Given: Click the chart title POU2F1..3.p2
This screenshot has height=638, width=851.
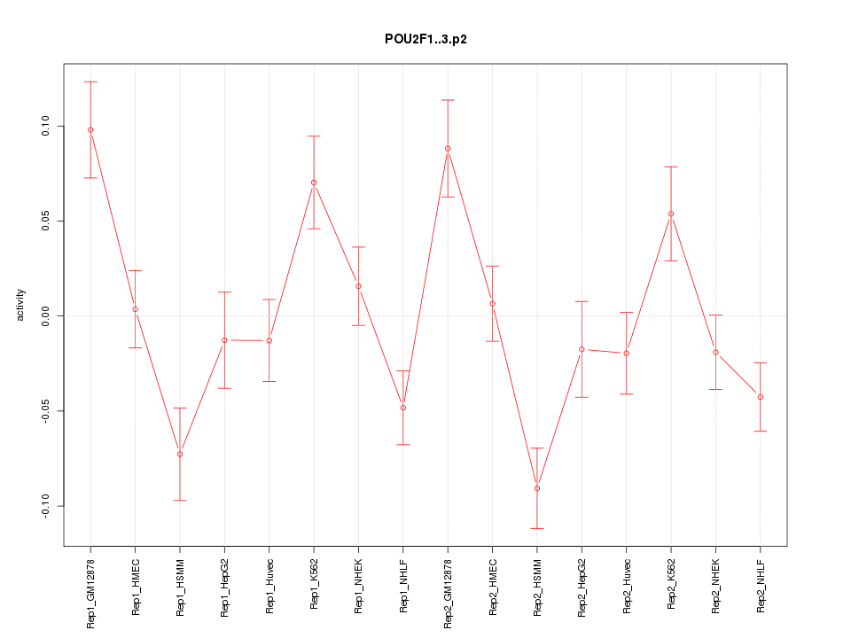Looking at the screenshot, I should point(425,39).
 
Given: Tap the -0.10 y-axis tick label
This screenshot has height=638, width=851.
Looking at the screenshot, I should point(47,506).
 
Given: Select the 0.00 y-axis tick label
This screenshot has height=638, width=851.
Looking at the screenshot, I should point(47,316).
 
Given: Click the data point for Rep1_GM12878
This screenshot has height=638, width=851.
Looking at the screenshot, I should point(90,130).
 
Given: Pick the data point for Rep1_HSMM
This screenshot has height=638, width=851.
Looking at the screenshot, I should point(180,455).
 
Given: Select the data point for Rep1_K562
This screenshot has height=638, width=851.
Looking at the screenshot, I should point(314,183).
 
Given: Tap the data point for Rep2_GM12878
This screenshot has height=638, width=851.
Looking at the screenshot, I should point(448,149).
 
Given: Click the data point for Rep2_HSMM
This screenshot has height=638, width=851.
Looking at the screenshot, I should point(537,488).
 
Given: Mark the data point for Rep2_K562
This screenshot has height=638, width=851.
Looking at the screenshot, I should point(671,214).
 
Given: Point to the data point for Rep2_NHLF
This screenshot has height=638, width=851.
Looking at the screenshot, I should point(761,397).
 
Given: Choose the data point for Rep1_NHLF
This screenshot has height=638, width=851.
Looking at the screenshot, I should point(403,408).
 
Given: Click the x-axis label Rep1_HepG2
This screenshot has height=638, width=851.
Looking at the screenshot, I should point(225,585).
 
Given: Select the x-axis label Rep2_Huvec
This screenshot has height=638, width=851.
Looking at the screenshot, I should point(627,585).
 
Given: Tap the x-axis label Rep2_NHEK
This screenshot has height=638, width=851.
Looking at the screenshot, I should point(716,585).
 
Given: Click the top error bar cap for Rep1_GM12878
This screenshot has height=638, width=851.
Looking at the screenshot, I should point(90,82).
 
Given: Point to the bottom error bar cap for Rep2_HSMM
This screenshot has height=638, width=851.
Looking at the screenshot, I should point(537,528).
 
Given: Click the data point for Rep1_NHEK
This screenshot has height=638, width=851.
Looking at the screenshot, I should point(358,286).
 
